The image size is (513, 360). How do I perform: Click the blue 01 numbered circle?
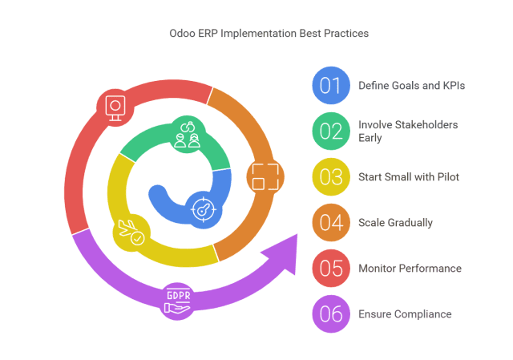[331, 86]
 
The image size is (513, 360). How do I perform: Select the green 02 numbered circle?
[331, 131]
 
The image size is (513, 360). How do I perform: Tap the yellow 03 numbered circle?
[331, 176]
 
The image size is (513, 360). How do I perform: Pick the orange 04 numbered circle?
[331, 223]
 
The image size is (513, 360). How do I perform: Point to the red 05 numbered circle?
[331, 269]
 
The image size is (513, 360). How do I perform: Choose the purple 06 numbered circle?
[331, 313]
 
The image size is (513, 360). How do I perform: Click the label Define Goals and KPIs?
[411, 86]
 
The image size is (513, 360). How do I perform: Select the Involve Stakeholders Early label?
[408, 131]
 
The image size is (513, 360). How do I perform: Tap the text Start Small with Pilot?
[409, 176]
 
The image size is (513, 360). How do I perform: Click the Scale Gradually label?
[395, 223]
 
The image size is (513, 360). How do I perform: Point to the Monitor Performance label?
[410, 269]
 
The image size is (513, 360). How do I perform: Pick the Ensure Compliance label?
[405, 314]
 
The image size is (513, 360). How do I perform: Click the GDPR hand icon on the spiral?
[178, 301]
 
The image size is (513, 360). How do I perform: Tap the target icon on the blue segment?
[204, 210]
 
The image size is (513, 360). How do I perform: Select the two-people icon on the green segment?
[187, 135]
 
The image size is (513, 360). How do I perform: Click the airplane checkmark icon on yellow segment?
[131, 233]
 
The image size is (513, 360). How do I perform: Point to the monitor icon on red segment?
[115, 108]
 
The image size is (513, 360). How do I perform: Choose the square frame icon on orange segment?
[265, 176]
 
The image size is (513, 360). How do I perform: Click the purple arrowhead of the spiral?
[282, 254]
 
